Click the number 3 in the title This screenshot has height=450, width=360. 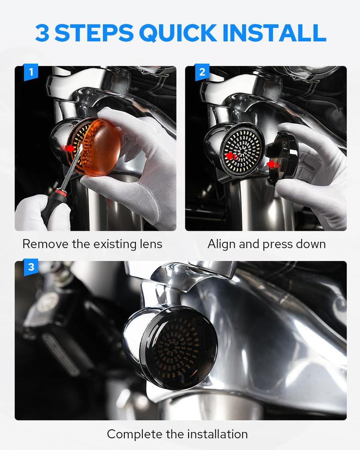click(x=42, y=33)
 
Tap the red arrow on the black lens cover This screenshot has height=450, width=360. click(x=273, y=164)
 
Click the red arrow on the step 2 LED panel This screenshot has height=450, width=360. click(x=230, y=156)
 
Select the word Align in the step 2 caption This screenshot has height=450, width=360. click(x=221, y=244)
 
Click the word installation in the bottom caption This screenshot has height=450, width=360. click(x=218, y=434)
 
